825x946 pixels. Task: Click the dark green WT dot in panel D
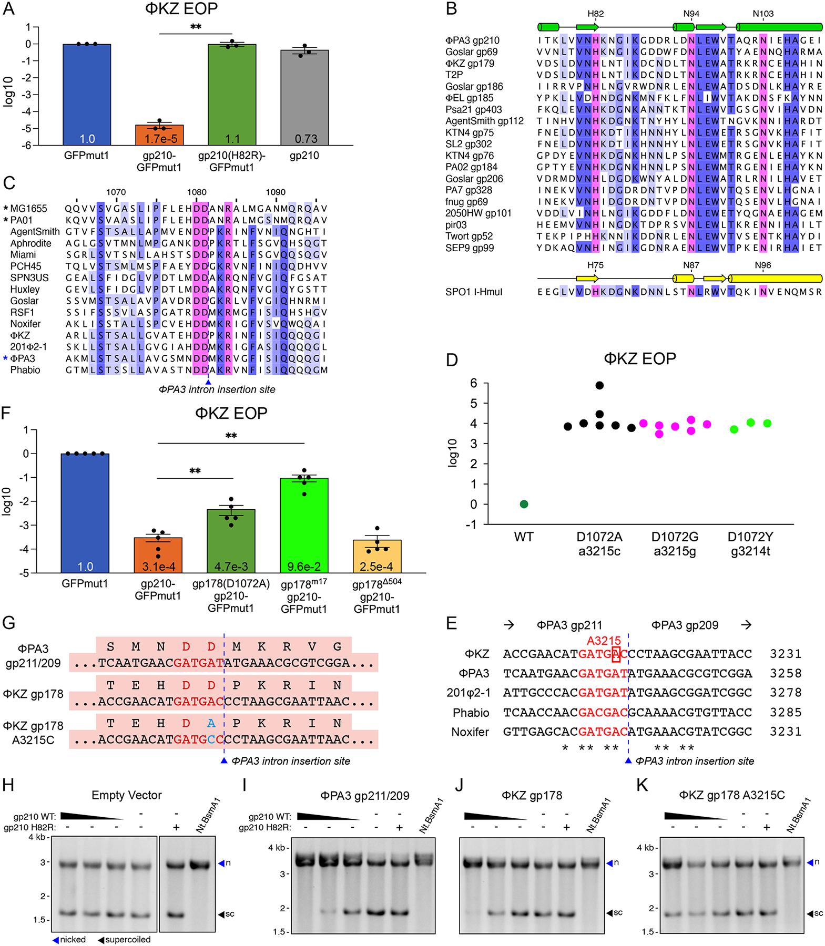click(524, 504)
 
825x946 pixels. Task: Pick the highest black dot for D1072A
click(599, 385)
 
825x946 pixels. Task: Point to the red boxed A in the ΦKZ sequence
click(616, 654)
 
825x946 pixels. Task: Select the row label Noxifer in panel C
click(25, 324)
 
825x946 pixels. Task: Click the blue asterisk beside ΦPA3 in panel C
click(5, 358)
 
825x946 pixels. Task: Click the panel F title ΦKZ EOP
click(231, 414)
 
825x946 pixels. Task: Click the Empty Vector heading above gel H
click(126, 795)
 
